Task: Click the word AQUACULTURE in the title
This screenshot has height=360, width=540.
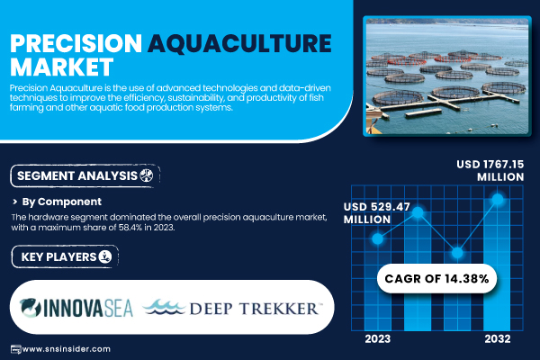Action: (239, 44)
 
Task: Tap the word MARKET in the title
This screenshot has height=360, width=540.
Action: (61, 67)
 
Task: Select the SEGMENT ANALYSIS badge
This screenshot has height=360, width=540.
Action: (85, 176)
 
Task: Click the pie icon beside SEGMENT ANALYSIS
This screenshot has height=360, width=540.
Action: (147, 175)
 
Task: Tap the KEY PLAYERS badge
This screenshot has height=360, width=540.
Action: (65, 257)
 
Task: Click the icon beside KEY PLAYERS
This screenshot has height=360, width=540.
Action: (105, 256)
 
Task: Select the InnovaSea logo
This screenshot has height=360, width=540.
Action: (76, 308)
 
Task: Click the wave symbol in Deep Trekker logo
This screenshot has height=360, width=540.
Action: (165, 307)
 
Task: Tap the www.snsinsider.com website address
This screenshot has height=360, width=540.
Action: (66, 349)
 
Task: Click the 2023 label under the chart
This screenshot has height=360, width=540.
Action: (378, 339)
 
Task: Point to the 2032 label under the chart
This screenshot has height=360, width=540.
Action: (498, 339)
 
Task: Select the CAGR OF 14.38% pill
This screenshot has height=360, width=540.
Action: (436, 278)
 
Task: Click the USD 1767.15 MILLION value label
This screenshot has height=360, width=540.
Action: (490, 170)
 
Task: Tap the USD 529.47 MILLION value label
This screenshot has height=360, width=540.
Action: (377, 213)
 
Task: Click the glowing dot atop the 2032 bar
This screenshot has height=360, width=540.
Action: (498, 199)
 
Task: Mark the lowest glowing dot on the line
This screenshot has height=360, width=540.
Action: (457, 253)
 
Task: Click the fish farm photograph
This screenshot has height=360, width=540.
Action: (447, 76)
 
